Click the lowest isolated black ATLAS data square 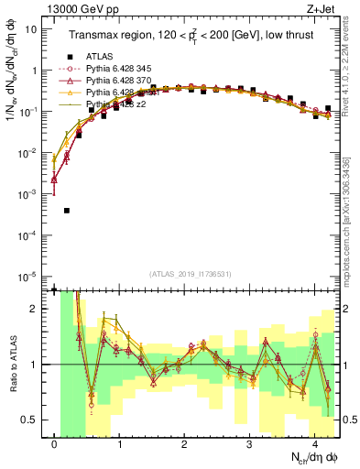pyautogui.click(x=67, y=211)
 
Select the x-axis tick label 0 pyautogui.click(x=55, y=443)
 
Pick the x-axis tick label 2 pyautogui.click(x=184, y=443)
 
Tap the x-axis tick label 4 pyautogui.click(x=314, y=443)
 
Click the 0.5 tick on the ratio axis pyautogui.click(x=31, y=420)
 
